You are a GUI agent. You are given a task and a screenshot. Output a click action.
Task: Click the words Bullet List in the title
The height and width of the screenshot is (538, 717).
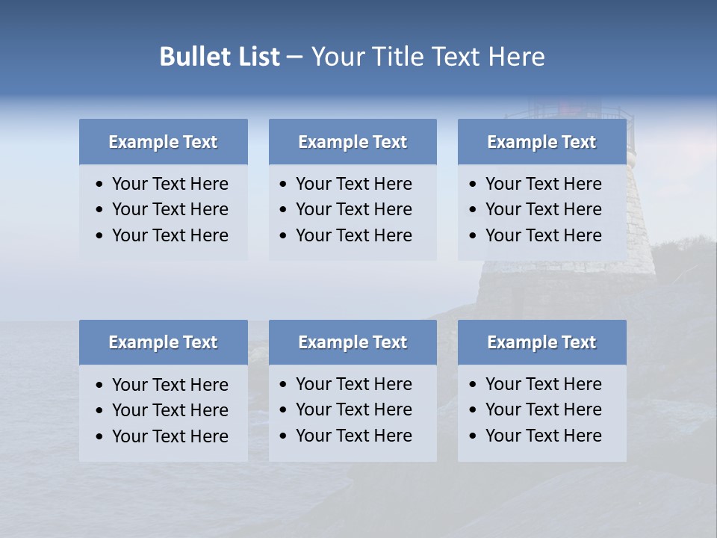click(x=220, y=57)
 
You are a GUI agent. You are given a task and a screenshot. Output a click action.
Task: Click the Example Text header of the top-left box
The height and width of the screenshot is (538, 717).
click(x=163, y=142)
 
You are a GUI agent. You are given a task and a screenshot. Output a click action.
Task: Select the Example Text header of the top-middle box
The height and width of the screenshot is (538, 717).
click(x=353, y=142)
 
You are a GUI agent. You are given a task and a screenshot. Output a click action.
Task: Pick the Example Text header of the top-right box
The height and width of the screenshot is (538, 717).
click(x=541, y=142)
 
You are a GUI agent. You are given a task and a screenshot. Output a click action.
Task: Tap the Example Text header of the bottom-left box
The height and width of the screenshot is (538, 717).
click(x=163, y=342)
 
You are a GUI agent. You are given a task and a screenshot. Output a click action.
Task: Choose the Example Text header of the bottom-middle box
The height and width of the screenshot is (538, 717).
click(x=353, y=342)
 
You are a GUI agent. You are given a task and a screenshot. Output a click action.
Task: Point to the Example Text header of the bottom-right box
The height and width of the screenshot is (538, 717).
click(x=541, y=342)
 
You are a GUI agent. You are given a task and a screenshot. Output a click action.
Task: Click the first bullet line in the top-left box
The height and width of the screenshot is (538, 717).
click(x=170, y=184)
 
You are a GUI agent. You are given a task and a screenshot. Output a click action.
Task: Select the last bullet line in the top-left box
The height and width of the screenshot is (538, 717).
click(x=170, y=235)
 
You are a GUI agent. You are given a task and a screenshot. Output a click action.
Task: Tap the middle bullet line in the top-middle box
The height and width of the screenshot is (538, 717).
click(x=353, y=209)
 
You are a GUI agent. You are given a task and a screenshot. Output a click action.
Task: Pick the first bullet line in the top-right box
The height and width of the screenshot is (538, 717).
click(x=543, y=184)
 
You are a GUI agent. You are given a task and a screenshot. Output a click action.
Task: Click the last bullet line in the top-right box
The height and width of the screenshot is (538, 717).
click(x=543, y=235)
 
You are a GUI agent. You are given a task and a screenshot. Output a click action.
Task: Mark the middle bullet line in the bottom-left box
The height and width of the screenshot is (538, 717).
click(x=170, y=410)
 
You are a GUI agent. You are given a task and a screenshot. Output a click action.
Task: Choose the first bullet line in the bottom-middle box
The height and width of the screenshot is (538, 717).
click(x=353, y=384)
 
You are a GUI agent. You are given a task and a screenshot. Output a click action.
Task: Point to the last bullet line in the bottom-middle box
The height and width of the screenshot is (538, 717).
click(x=353, y=436)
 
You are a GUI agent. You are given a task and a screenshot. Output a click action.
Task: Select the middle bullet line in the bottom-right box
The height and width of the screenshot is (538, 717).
click(x=543, y=409)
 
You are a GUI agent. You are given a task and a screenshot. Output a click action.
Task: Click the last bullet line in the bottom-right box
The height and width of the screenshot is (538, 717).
click(x=543, y=436)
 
